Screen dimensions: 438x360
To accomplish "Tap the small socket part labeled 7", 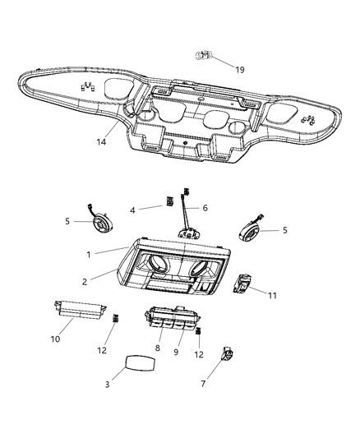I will pos(227,355).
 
